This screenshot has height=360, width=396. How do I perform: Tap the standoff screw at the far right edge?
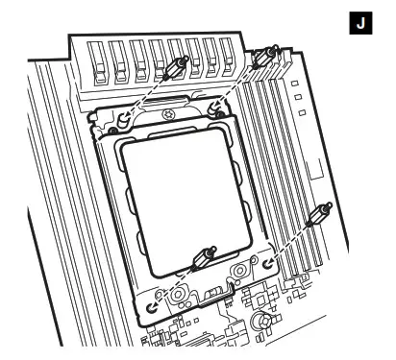click(320, 217)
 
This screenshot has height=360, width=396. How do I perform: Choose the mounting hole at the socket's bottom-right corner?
click(268, 261)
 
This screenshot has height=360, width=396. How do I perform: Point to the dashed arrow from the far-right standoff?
click(293, 239)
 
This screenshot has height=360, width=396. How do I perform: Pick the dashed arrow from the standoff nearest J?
click(240, 83)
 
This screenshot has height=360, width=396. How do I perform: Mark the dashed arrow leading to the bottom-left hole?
click(175, 286)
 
